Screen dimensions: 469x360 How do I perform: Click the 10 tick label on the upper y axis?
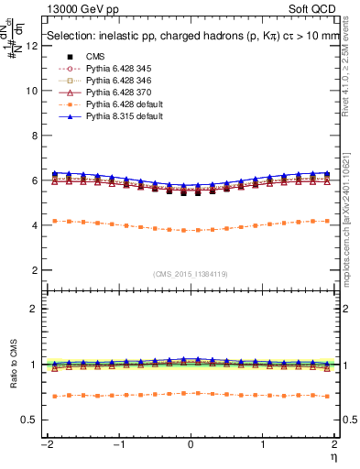[32, 91]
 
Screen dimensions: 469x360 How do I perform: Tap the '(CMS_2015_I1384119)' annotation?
[191, 273]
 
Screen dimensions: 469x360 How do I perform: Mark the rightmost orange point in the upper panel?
[327, 221]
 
